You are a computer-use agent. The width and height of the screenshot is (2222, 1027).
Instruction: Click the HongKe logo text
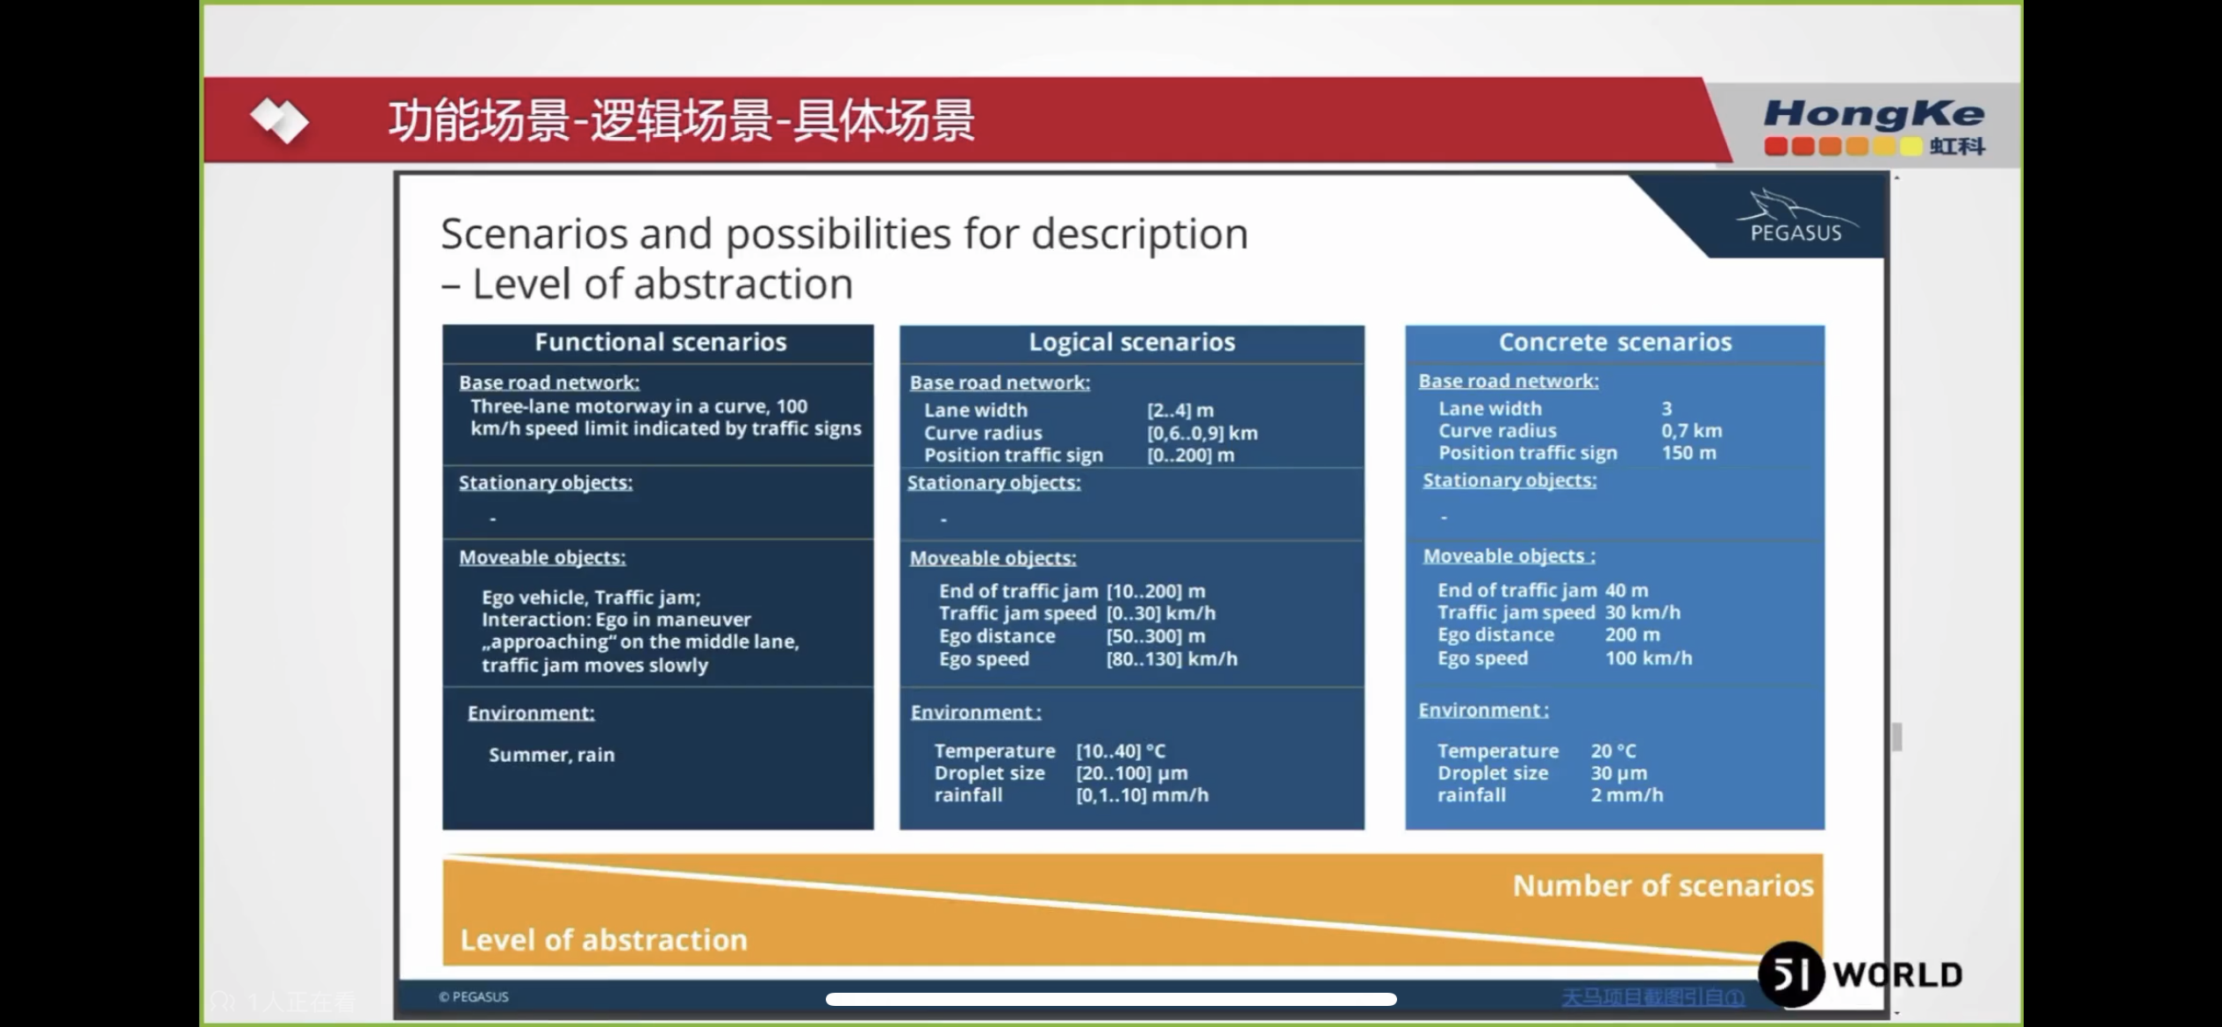click(1873, 115)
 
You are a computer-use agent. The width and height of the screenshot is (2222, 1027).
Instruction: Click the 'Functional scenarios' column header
click(660, 342)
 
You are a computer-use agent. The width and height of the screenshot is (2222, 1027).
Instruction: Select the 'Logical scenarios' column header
click(1131, 342)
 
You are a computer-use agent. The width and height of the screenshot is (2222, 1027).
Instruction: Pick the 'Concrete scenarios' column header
click(1614, 342)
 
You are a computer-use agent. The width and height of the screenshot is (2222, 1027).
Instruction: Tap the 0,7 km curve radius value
click(1690, 431)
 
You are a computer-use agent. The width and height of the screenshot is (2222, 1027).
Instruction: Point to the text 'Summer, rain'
click(551, 755)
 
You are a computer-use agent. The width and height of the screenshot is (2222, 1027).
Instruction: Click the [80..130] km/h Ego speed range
click(1171, 659)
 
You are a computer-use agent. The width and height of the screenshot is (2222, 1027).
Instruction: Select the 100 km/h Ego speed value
click(1647, 658)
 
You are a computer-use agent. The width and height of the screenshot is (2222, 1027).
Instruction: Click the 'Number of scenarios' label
click(1662, 886)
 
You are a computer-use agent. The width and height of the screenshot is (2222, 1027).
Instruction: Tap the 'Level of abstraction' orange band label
click(603, 940)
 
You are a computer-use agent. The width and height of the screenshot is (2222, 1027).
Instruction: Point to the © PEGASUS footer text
click(473, 997)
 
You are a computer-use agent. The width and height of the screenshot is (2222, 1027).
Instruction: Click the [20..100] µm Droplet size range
click(1131, 773)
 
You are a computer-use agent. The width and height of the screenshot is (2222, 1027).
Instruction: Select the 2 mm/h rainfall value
click(1626, 795)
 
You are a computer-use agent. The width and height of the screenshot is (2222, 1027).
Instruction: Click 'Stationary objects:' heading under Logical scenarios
click(993, 483)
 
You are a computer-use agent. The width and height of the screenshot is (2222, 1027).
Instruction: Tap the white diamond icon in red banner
click(278, 120)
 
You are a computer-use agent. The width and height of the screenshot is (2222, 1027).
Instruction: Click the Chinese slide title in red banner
click(681, 120)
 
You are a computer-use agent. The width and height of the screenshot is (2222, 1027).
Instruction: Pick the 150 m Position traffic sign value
click(1688, 453)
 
